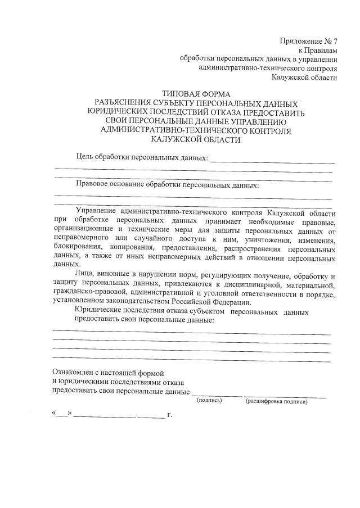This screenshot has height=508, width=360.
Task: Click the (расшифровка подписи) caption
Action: point(276,401)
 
